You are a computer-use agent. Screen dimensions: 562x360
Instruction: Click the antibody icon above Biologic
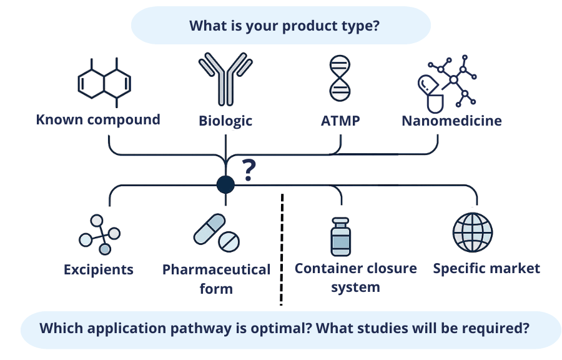point(225,79)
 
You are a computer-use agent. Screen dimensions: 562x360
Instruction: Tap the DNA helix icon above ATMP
point(340,78)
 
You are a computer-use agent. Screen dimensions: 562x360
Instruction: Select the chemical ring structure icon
point(104,83)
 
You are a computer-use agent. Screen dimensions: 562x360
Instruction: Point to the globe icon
point(473,232)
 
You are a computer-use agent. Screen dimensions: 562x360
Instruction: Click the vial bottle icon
point(340,237)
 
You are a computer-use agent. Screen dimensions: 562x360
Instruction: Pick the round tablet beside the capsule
point(229,241)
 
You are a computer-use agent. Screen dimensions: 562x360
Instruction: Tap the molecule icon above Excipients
point(99,234)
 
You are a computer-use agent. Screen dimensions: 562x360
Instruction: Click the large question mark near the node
point(249,170)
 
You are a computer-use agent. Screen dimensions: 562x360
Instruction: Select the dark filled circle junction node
point(226,184)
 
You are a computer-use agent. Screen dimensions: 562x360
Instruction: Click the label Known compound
point(98,120)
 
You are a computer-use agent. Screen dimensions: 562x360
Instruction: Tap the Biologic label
point(225,121)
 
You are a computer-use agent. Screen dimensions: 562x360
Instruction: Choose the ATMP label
point(340,121)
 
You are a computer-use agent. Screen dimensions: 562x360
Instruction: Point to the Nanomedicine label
point(451,121)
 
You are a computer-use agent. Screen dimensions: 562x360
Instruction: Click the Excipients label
point(99,269)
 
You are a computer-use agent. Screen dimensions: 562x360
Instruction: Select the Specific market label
point(486,269)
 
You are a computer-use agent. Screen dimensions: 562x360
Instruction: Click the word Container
point(324,268)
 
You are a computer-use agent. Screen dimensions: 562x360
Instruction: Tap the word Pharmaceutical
point(216,269)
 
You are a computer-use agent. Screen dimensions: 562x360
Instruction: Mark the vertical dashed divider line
point(282,249)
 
